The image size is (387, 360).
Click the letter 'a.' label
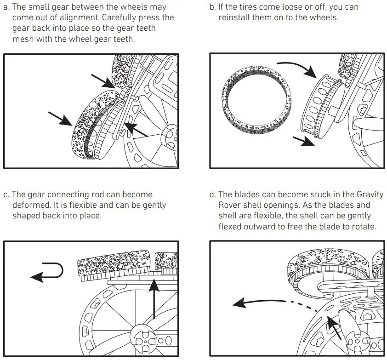click(6, 7)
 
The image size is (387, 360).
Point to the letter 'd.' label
click(212, 194)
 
